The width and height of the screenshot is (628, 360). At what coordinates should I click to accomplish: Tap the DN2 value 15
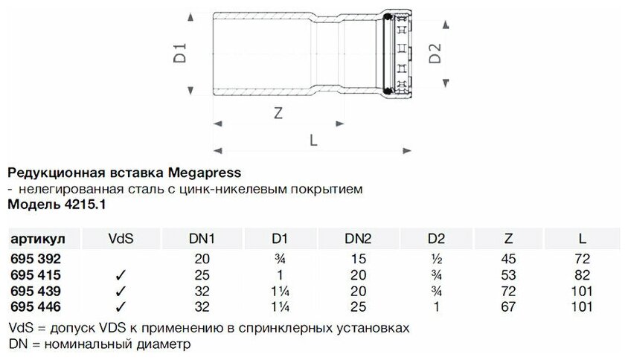point(359,259)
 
